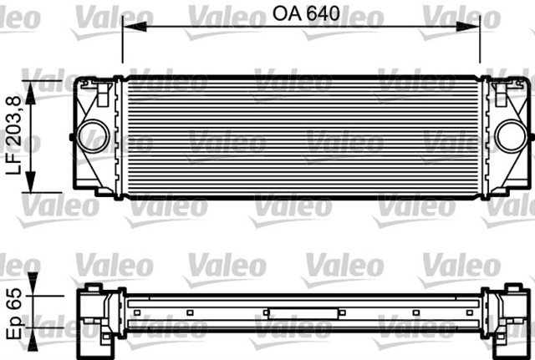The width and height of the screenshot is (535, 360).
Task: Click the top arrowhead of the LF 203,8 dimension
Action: pyautogui.click(x=33, y=88)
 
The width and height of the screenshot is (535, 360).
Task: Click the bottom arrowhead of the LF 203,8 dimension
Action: pyautogui.click(x=33, y=186)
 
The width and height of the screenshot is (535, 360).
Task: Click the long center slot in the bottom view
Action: pyautogui.click(x=303, y=312)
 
